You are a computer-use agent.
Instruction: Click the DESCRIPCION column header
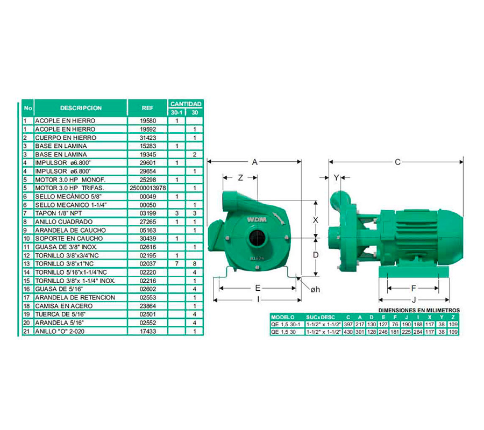tap(81, 108)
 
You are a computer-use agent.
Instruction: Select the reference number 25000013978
tap(148, 188)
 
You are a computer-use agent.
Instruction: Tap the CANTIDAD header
tap(186, 104)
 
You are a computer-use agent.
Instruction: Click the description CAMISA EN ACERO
tap(64, 306)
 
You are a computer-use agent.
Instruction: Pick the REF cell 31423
tap(148, 138)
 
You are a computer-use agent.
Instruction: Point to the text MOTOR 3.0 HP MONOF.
tap(70, 180)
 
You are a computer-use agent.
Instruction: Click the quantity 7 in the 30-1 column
tap(176, 264)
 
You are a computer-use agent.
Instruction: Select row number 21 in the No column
tap(26, 331)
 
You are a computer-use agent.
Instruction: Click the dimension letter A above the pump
tap(255, 162)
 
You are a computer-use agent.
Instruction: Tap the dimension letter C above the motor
tap(397, 162)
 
